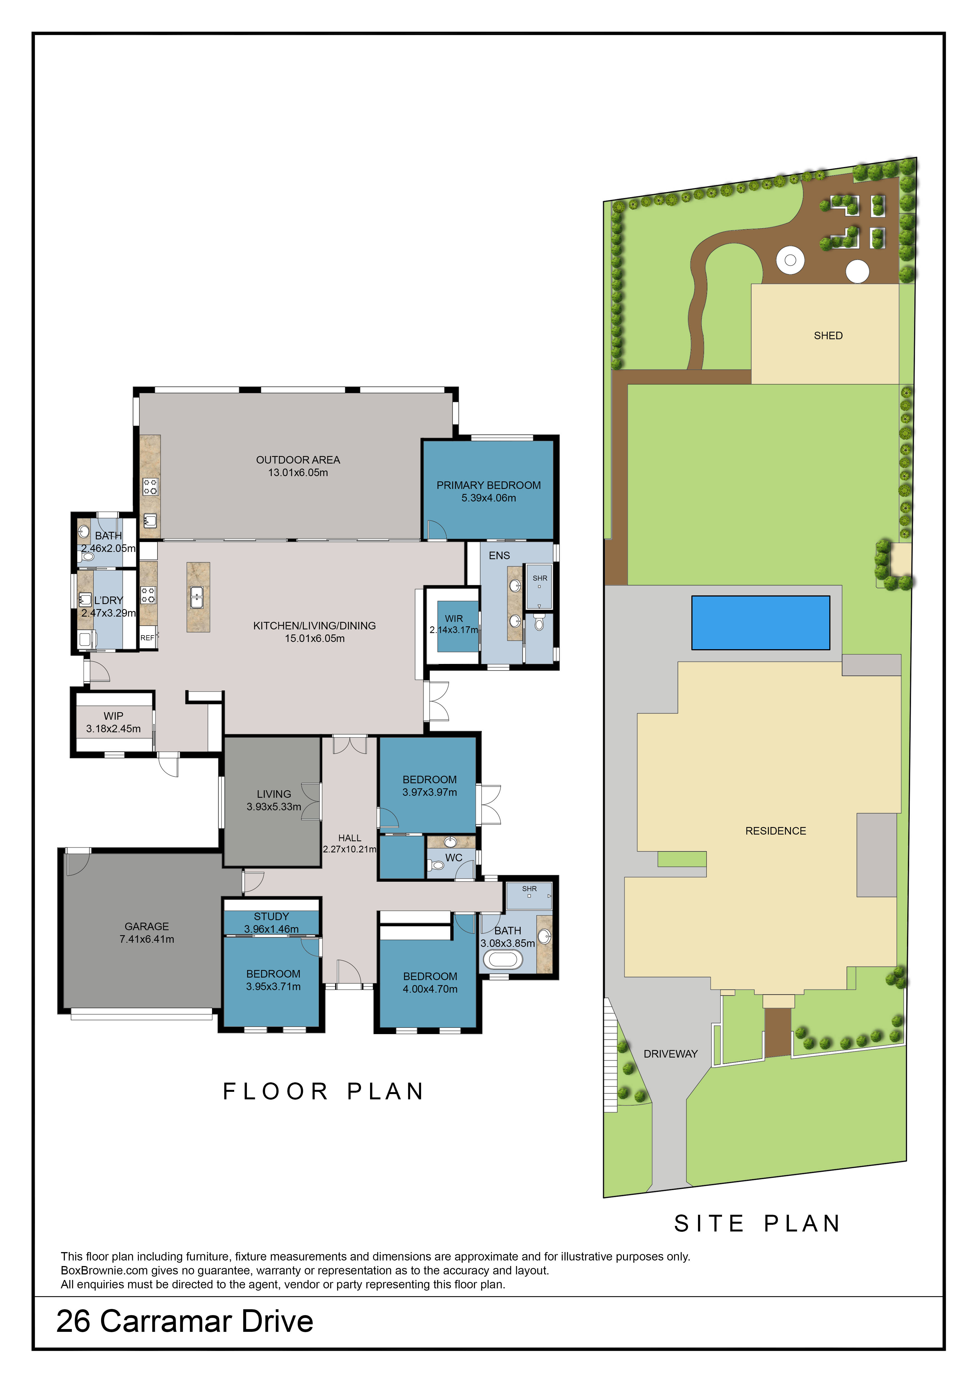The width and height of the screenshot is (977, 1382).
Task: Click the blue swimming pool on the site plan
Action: [760, 622]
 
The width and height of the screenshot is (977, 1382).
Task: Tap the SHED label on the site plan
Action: [828, 335]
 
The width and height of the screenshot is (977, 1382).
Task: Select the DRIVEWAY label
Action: [670, 1053]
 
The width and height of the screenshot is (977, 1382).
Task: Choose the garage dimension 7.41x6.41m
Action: [147, 939]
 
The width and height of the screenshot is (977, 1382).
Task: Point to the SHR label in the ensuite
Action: [540, 578]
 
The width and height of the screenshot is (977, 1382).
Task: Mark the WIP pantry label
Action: [113, 716]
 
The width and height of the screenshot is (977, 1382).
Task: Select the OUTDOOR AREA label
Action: [298, 460]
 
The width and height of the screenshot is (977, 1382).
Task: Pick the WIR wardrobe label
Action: [454, 618]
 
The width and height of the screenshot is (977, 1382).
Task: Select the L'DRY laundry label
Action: [108, 600]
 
